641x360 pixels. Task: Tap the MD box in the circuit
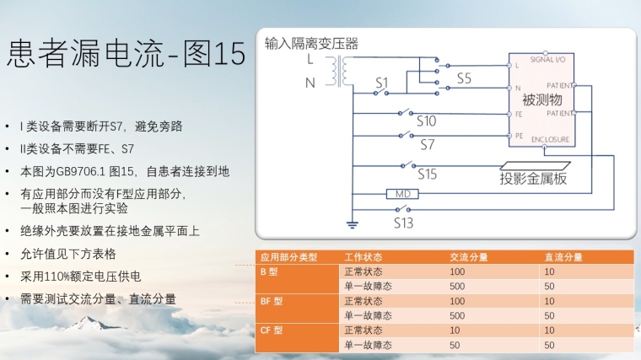[402, 194]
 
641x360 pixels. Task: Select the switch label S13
[404, 223]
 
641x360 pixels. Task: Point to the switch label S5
[465, 78]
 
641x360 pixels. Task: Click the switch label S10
[426, 121]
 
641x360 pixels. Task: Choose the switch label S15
[428, 175]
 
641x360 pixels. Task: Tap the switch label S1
[382, 83]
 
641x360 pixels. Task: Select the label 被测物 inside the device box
[541, 100]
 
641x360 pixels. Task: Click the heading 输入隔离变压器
[311, 44]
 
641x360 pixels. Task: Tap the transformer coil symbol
[342, 72]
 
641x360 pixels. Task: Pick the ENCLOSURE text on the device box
[551, 138]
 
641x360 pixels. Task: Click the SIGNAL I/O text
[552, 61]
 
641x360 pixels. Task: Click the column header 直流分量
[563, 257]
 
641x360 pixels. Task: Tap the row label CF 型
[272, 330]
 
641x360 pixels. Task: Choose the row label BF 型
[272, 301]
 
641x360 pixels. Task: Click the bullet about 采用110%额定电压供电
[80, 277]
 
